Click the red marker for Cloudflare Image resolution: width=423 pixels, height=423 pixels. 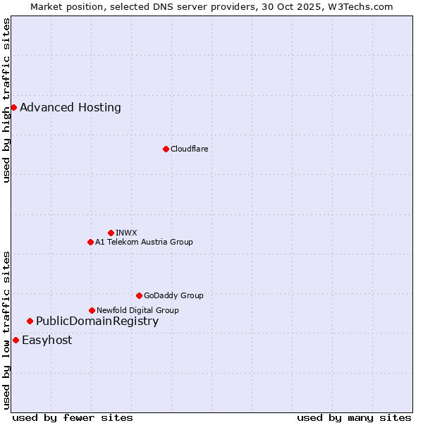(x=166, y=149)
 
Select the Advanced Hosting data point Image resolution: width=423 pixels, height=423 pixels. (x=13, y=107)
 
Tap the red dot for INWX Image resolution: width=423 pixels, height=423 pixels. (x=111, y=233)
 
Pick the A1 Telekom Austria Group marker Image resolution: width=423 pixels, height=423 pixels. (x=90, y=242)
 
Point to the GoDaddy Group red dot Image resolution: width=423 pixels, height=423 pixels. (x=139, y=295)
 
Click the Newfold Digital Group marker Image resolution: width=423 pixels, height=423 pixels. (x=92, y=310)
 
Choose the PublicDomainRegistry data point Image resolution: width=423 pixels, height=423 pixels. (x=30, y=321)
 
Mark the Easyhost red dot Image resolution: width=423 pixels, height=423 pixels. (x=16, y=340)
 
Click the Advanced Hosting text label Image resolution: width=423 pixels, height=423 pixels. (x=70, y=107)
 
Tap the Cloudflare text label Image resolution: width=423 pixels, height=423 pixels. (x=189, y=149)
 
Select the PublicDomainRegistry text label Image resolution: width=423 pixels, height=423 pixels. (x=97, y=321)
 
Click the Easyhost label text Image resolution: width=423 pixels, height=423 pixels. (x=47, y=340)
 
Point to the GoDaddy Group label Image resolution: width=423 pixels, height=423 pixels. (x=173, y=295)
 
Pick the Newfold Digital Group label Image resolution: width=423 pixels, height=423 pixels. (x=137, y=310)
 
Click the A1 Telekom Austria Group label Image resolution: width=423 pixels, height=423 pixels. (x=144, y=242)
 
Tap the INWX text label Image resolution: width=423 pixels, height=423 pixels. (x=126, y=233)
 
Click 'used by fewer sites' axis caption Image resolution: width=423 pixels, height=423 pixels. (x=73, y=417)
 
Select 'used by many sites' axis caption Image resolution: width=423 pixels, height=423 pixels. (x=354, y=417)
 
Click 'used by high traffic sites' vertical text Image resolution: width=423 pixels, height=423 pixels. (x=6, y=100)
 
